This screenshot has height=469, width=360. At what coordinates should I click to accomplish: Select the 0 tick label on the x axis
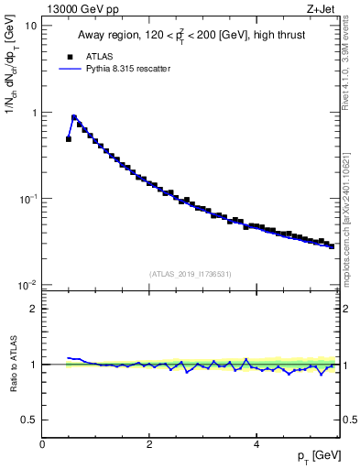click(42, 444)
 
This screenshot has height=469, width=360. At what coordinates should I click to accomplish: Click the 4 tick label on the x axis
click(256, 444)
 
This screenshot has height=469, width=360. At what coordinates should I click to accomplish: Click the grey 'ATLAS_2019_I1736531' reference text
click(190, 273)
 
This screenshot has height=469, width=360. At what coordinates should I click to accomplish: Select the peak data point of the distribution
click(74, 117)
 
